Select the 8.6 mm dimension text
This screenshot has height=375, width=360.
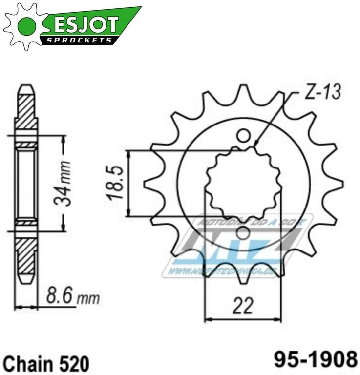click(x=72, y=296)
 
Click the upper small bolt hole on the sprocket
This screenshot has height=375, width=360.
click(x=243, y=136)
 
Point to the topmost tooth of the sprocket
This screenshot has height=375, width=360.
click(x=243, y=93)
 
